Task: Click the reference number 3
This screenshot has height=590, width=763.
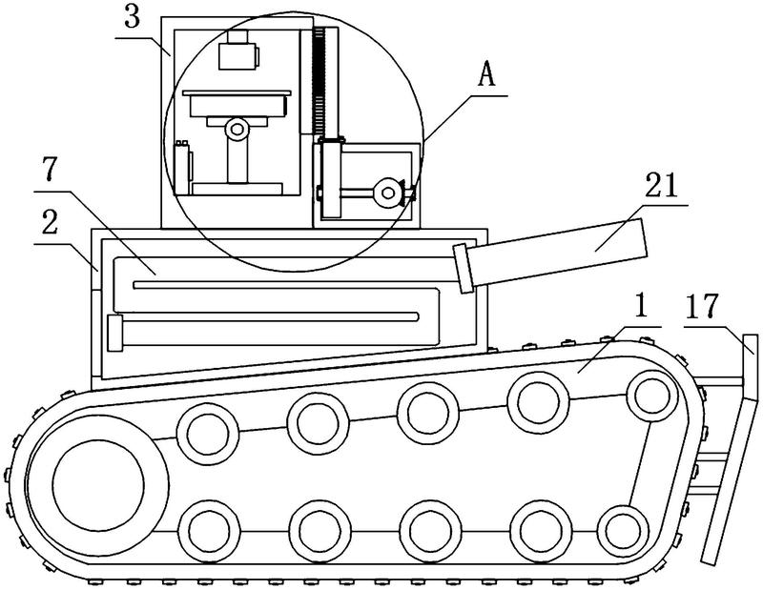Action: tap(132, 17)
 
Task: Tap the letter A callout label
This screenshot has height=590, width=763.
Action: tap(486, 75)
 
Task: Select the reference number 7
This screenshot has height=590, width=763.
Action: tap(50, 170)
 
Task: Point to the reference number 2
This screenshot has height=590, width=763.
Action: tap(50, 222)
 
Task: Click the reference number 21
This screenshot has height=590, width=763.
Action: tap(661, 185)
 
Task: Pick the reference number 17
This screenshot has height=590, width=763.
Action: tap(701, 306)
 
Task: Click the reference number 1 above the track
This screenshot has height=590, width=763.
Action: tap(642, 306)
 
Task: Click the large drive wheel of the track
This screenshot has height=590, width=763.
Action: tap(98, 485)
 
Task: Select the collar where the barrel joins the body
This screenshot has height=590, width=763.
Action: tap(464, 268)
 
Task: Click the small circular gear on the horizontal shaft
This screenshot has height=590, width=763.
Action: tap(387, 193)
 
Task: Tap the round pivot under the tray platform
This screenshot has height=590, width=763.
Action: tap(237, 129)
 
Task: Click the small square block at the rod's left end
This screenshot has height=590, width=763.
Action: tap(114, 333)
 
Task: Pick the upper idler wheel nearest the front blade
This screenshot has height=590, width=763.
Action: tap(652, 395)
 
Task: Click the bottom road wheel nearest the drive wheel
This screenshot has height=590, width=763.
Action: tap(209, 530)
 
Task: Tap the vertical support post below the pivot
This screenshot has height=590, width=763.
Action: tap(237, 159)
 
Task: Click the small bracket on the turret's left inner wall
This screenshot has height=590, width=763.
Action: tap(182, 167)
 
